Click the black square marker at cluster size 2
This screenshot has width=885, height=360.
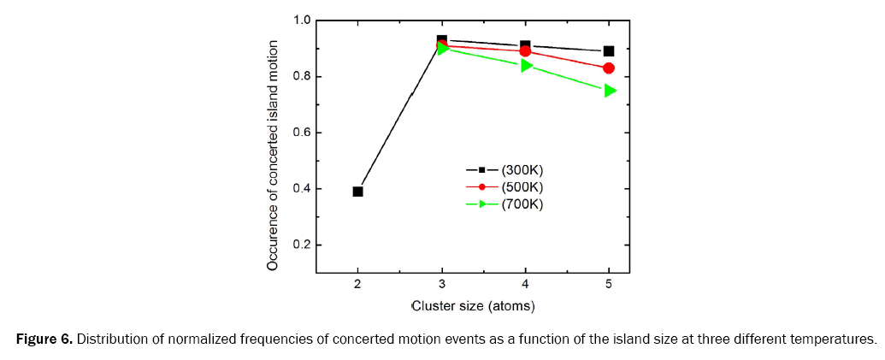pos(357,192)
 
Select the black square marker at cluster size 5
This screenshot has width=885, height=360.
pos(609,51)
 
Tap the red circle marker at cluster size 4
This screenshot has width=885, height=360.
pos(525,51)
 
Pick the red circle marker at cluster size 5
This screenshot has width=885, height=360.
pos(609,68)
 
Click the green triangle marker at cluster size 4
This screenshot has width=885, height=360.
pos(526,65)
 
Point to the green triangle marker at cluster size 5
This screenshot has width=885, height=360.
pos(610,91)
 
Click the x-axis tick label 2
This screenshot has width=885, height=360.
pos(357,285)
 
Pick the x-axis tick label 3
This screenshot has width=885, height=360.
pos(441,285)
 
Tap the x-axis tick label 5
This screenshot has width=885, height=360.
pos(609,285)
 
